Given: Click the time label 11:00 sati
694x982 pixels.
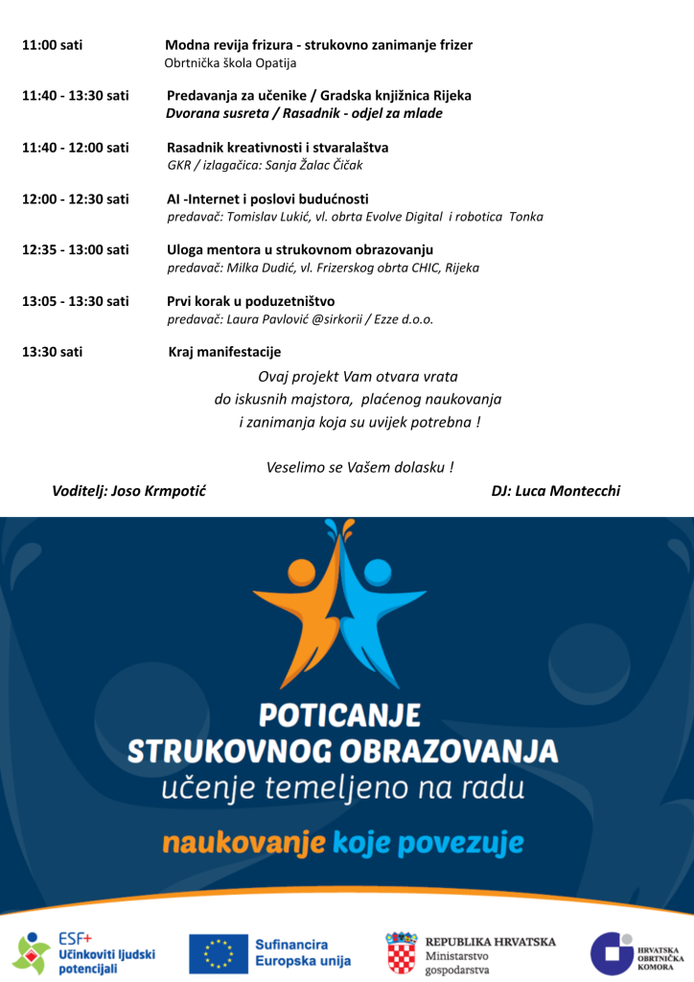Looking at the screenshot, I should pos(52,45).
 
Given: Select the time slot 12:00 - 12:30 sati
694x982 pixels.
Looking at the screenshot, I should pos(75,199).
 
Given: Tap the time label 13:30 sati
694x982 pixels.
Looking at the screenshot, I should pos(52,352).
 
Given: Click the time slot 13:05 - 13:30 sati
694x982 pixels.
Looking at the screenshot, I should pos(75,301).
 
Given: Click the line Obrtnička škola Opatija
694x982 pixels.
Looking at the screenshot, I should pos(230,63).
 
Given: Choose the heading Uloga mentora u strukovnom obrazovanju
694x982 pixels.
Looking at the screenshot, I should pos(300,249).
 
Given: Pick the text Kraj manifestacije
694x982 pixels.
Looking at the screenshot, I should pos(224,352).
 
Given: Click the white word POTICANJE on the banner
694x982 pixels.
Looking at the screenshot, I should pos(341,716).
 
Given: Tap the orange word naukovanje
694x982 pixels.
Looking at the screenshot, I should pos(243,843).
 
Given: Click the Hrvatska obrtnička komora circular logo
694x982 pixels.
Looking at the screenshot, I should pos(610,953).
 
